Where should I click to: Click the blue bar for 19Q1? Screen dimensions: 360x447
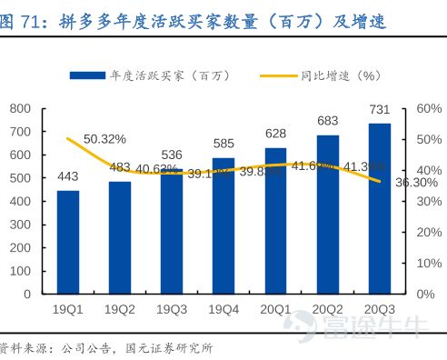tap(68, 243)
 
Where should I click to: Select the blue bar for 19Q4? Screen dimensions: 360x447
tap(223, 226)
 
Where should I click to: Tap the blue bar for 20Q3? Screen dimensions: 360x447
tap(378, 209)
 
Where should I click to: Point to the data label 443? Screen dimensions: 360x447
tap(68, 175)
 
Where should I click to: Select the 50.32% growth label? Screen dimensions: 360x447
tap(104, 139)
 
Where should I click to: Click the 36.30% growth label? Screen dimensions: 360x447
tap(419, 183)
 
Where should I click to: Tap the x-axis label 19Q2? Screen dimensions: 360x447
tap(119, 310)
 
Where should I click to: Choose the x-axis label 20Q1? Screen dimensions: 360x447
tap(274, 310)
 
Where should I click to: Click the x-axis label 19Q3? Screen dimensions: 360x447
tap(171, 310)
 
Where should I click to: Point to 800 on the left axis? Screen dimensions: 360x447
tap(21, 109)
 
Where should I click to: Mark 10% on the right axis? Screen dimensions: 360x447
tap(429, 263)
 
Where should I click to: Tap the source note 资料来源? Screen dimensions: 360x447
tap(27, 347)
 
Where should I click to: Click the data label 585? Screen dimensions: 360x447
tap(223, 143)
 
